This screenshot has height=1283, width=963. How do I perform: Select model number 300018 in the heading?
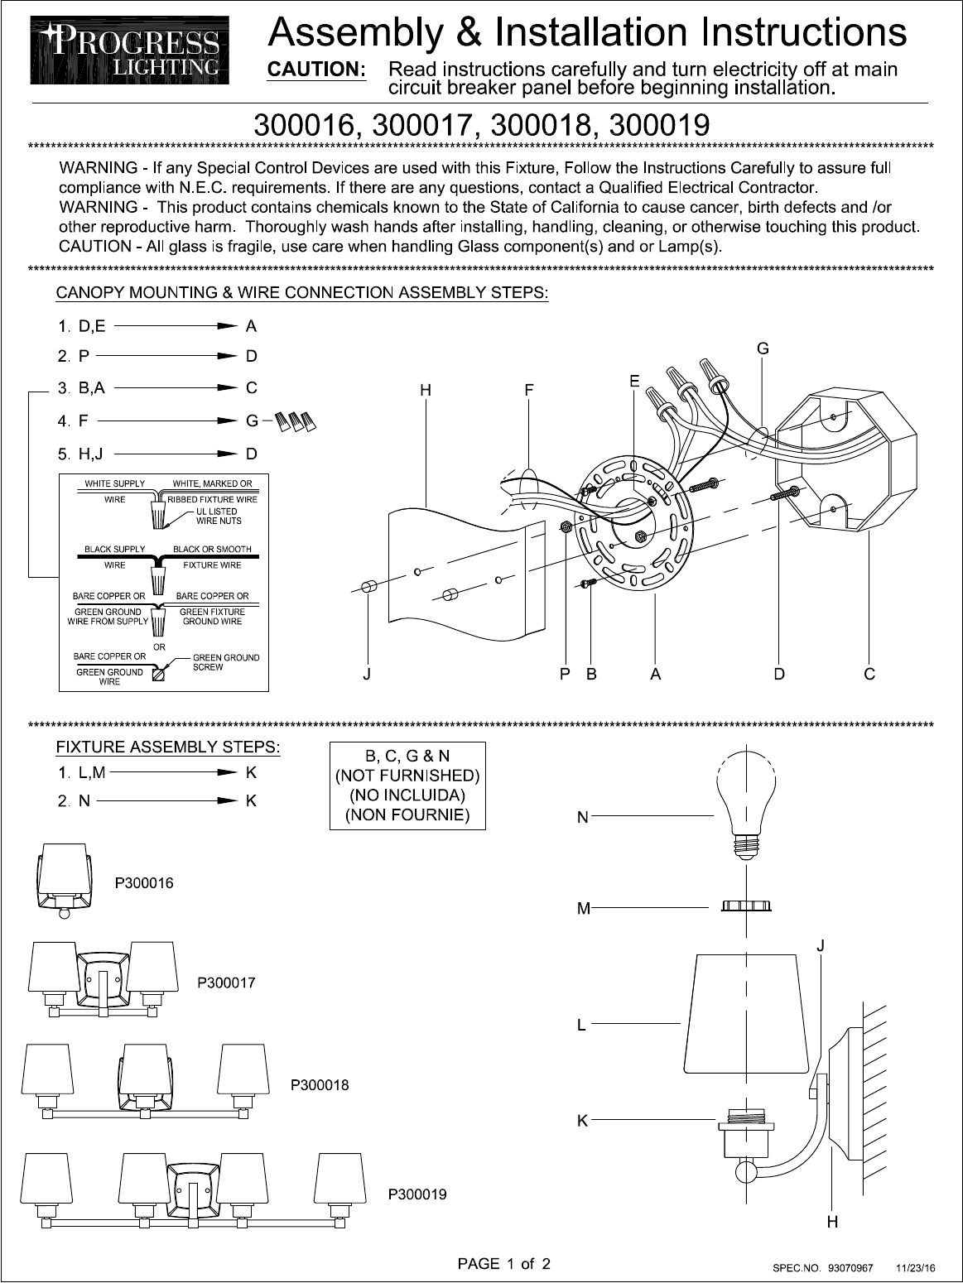point(542,125)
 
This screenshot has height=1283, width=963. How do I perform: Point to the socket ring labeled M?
point(747,907)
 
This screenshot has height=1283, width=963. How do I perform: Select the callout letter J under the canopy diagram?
point(366,675)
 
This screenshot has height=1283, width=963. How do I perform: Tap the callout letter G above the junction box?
point(763,349)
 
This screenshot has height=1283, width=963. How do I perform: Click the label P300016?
point(144,883)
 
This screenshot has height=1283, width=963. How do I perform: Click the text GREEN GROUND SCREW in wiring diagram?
point(225,662)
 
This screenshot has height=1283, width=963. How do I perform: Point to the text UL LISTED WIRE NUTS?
point(219,517)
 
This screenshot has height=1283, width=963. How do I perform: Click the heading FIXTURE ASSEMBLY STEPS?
point(168,747)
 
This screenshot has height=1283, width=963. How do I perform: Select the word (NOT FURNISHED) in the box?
point(407,776)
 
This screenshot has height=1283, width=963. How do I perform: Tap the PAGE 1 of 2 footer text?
point(504,1263)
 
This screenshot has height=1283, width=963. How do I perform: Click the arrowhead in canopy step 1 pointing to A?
point(228,326)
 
